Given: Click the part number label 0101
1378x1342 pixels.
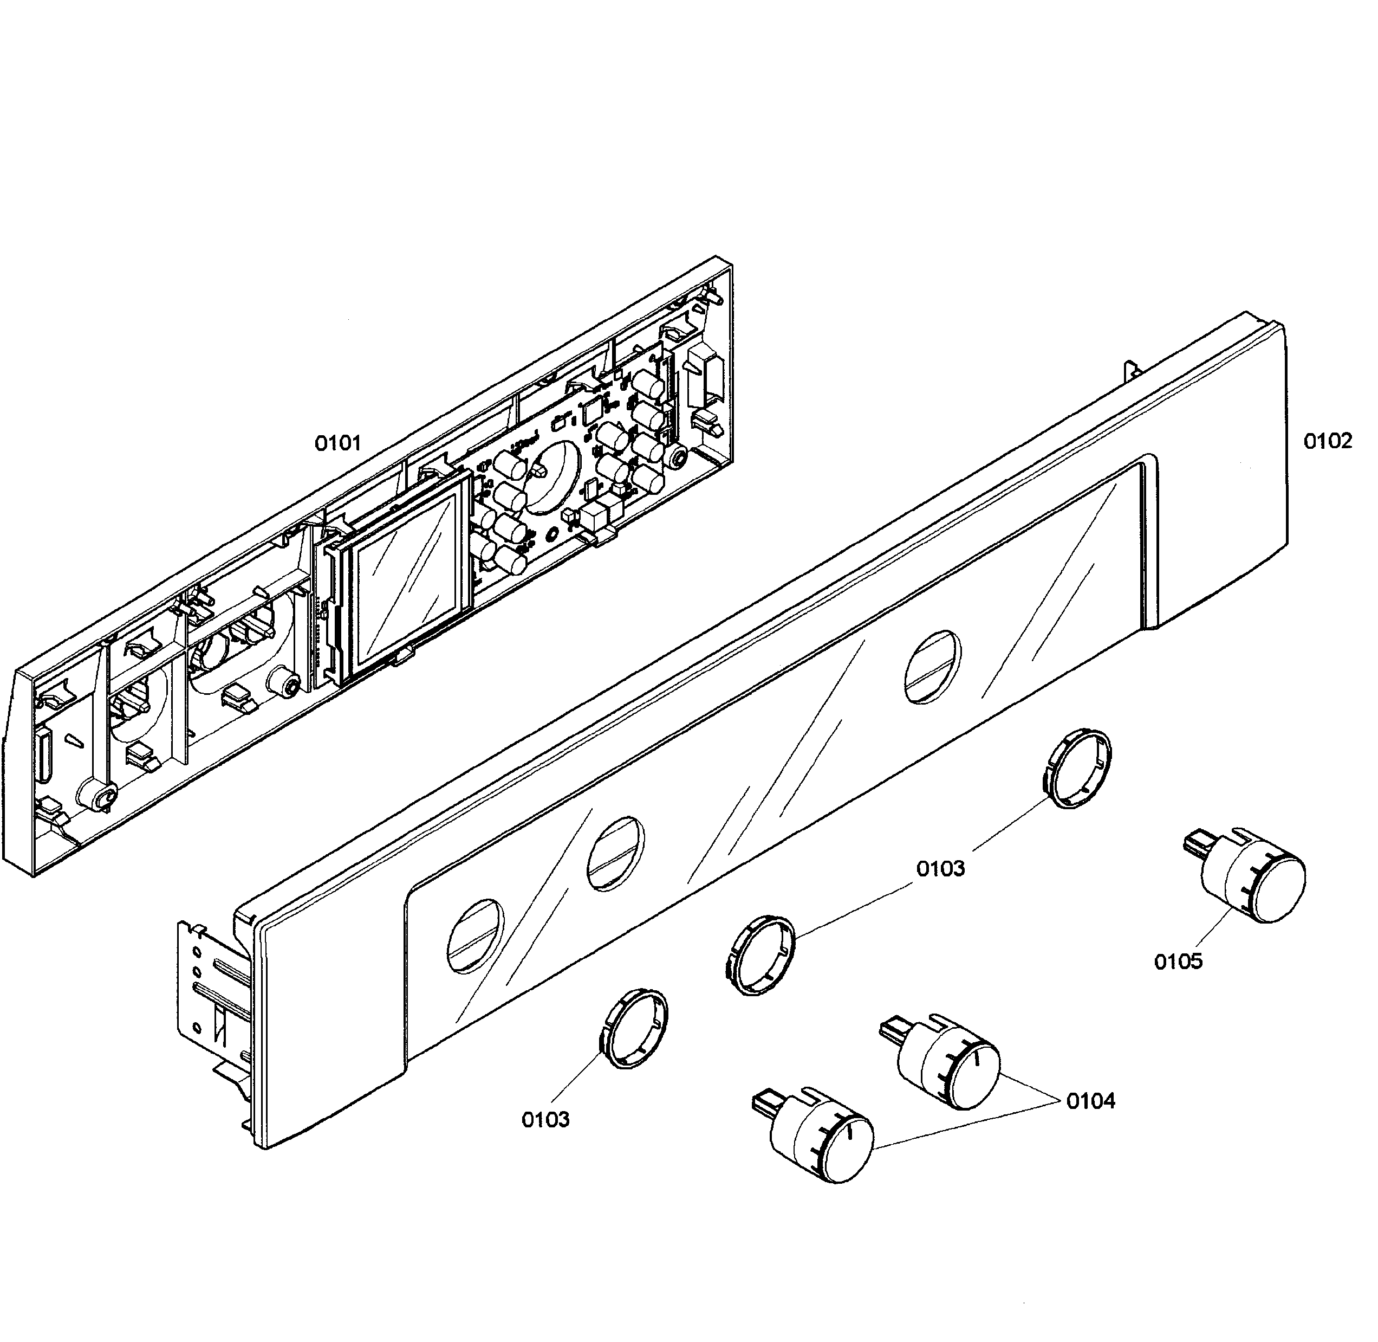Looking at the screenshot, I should [x=337, y=443].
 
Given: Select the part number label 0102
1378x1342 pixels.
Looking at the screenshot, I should [x=1327, y=441].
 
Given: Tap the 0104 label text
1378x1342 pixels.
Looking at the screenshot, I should [x=1090, y=1100].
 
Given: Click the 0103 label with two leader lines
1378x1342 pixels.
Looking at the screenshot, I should [x=940, y=868].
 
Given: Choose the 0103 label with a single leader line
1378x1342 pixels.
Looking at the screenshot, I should [x=545, y=1119].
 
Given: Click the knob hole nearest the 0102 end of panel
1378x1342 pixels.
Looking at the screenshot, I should [x=932, y=666].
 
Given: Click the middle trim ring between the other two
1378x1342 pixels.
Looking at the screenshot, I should [x=759, y=955].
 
